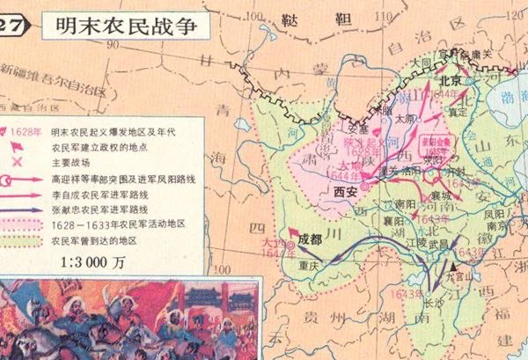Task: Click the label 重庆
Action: (x=306, y=263)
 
